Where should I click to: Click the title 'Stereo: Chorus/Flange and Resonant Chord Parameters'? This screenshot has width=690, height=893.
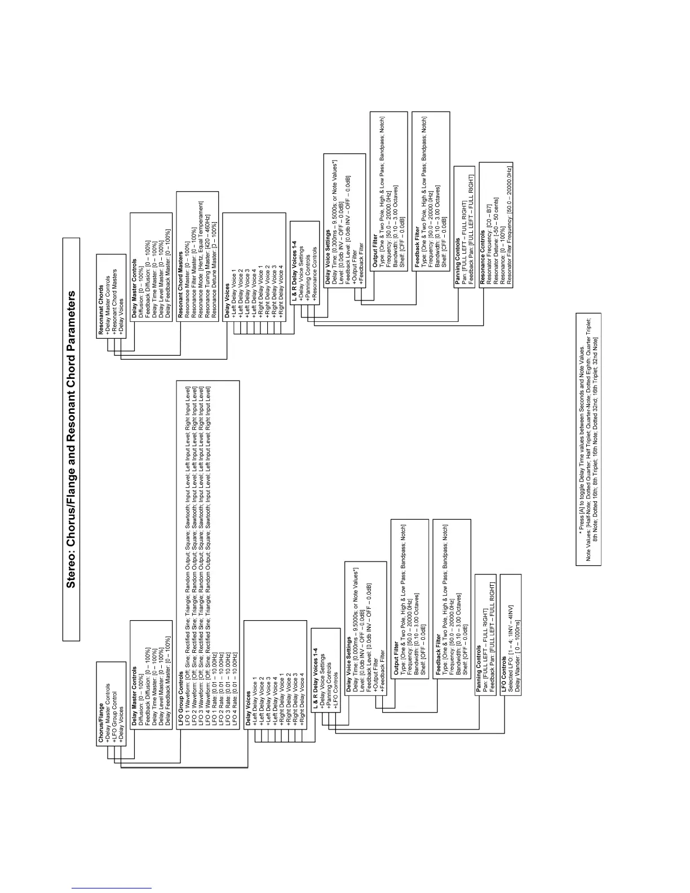(71, 439)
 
